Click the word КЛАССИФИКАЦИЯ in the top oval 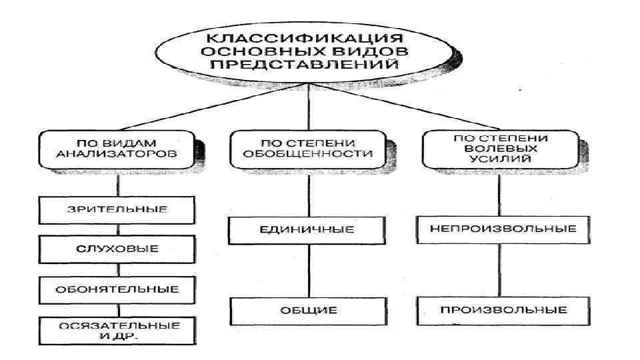click(x=307, y=37)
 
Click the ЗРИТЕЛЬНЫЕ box click(x=117, y=209)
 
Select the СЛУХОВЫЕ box click(x=117, y=249)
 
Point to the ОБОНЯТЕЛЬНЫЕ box click(x=117, y=289)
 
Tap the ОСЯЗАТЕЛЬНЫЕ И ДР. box click(x=117, y=331)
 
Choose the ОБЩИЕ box click(x=307, y=310)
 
